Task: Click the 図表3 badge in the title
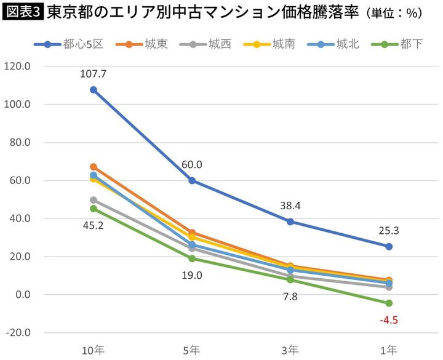(x=23, y=13)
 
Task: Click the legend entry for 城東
(x=145, y=44)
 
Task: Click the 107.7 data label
(x=93, y=74)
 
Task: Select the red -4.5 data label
(x=388, y=319)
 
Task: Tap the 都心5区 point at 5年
(x=192, y=180)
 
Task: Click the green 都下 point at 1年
(x=389, y=303)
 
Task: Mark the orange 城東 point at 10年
(x=94, y=167)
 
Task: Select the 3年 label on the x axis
(x=290, y=350)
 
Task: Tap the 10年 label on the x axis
(x=93, y=350)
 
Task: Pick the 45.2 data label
(x=93, y=225)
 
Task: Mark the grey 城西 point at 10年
(x=94, y=200)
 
